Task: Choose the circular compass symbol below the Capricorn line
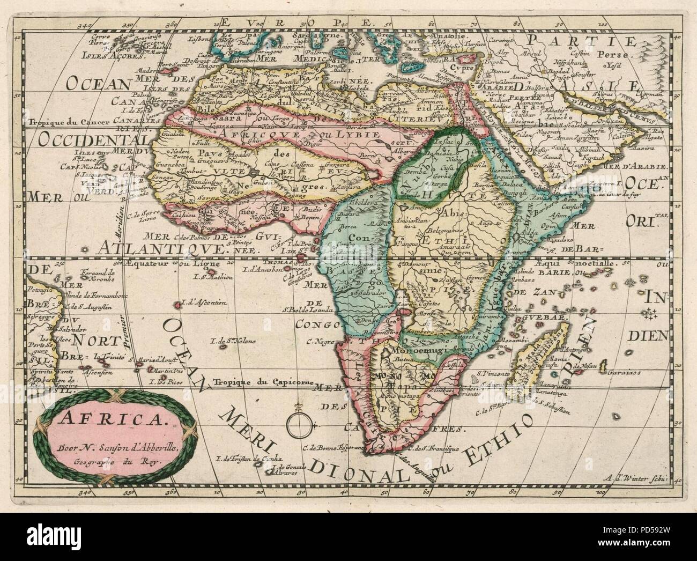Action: coord(295,425)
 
